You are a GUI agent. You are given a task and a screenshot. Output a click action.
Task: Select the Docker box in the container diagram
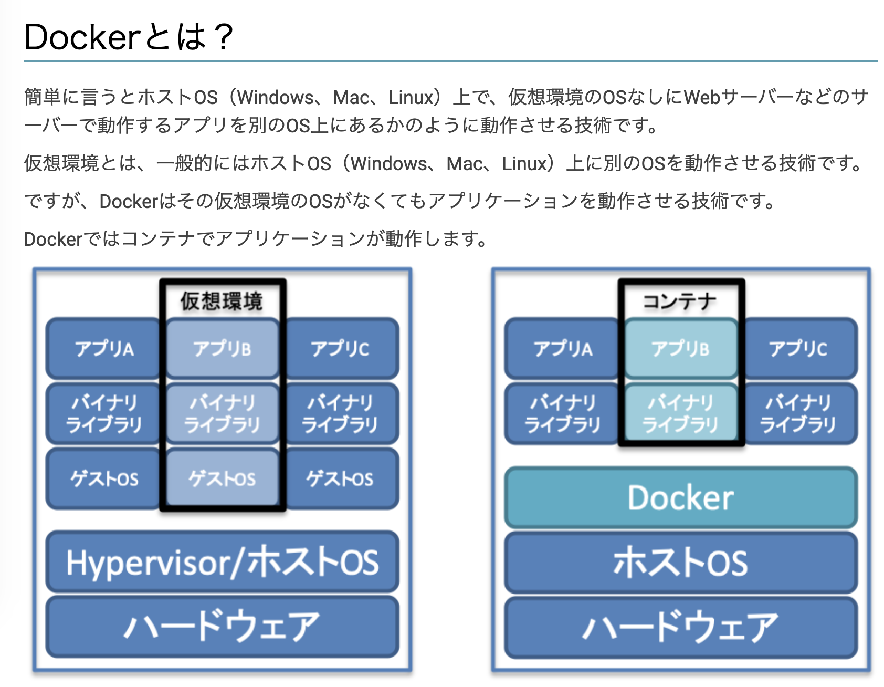click(680, 497)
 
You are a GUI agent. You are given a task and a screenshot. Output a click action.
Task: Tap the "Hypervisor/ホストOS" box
click(222, 562)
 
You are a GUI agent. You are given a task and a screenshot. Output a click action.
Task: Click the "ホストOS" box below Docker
click(680, 562)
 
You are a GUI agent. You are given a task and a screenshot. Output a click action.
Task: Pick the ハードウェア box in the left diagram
click(222, 626)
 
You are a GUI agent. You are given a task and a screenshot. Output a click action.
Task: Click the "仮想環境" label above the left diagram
click(222, 301)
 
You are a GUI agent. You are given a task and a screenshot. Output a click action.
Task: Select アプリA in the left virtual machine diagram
click(104, 349)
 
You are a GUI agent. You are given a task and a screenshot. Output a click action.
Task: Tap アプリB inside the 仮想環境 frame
click(222, 349)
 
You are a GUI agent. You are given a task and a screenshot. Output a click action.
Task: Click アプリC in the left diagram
click(340, 349)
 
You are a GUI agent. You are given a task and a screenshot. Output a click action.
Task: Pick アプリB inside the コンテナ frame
click(680, 349)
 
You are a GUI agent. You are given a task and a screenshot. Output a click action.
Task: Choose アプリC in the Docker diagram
click(798, 349)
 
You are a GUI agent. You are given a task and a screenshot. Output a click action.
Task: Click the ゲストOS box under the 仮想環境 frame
click(222, 478)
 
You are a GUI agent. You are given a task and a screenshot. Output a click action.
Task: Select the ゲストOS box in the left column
click(104, 478)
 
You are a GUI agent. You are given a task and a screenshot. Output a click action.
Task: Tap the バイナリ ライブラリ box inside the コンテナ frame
click(680, 413)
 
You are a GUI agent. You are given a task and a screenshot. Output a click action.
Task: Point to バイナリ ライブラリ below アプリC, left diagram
click(340, 413)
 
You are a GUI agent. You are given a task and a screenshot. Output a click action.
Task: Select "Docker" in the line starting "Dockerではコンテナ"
click(54, 239)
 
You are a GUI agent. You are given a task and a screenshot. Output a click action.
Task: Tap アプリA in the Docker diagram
click(563, 349)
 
